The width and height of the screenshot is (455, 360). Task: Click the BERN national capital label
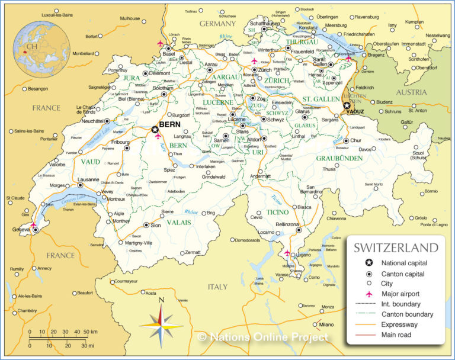(169, 125)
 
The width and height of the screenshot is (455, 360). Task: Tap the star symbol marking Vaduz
(347, 105)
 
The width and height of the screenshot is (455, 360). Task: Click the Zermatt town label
(193, 252)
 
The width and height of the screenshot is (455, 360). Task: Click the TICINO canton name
(277, 211)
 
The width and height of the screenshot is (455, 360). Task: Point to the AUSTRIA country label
(411, 92)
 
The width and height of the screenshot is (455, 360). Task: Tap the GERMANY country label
(217, 24)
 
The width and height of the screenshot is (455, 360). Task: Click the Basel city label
(169, 54)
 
